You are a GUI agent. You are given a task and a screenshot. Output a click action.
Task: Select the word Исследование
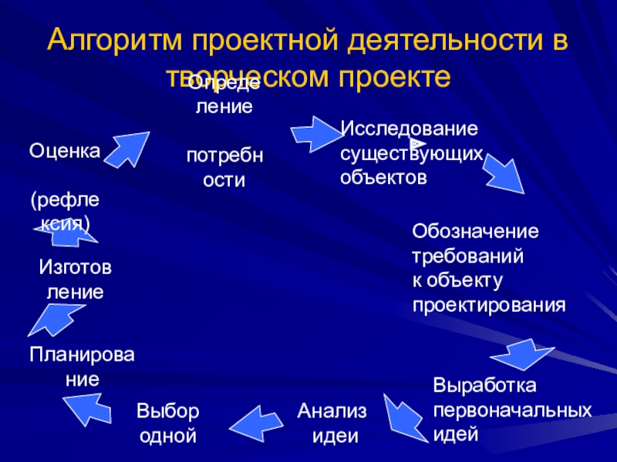[410, 126]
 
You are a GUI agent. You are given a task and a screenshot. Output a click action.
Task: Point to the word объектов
[383, 177]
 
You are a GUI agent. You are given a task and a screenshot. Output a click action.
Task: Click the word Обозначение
[476, 231]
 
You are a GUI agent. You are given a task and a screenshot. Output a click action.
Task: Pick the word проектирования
[489, 304]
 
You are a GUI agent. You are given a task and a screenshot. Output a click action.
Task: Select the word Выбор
[168, 410]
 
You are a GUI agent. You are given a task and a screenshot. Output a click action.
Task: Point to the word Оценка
[65, 150]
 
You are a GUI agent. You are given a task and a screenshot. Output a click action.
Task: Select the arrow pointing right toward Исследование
[315, 133]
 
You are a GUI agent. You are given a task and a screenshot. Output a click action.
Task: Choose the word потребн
[224, 156]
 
